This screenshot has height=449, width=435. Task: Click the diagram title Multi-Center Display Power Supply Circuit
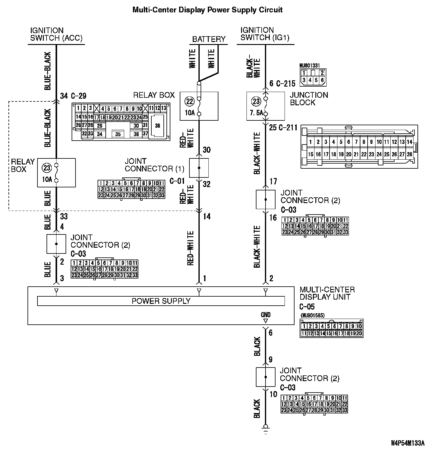pyautogui.click(x=208, y=10)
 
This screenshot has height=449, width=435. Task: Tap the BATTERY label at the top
pyautogui.click(x=209, y=39)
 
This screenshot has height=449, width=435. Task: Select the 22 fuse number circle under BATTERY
pyautogui.click(x=190, y=101)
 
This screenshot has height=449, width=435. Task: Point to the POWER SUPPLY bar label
pyautogui.click(x=161, y=301)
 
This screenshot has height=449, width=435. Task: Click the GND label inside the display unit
pyautogui.click(x=266, y=315)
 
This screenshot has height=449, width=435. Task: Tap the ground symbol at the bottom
pyautogui.click(x=266, y=427)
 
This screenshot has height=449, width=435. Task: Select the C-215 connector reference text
pyautogui.click(x=285, y=84)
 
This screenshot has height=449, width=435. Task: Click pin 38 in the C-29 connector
pyautogui.click(x=157, y=126)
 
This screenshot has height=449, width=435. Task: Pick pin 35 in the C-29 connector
pyautogui.click(x=118, y=134)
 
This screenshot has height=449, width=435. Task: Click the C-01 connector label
pyautogui.click(x=177, y=181)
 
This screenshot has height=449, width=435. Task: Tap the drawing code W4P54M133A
pyautogui.click(x=408, y=443)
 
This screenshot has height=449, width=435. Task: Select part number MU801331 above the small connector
pyautogui.click(x=309, y=65)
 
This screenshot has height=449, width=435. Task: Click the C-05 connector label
pyautogui.click(x=307, y=307)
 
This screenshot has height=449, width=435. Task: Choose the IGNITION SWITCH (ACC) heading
pyautogui.click(x=56, y=34)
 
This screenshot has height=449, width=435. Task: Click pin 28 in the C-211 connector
pyautogui.click(x=409, y=154)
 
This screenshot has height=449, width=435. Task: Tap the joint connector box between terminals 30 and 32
pyautogui.click(x=199, y=168)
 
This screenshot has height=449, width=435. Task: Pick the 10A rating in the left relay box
pyautogui.click(x=47, y=180)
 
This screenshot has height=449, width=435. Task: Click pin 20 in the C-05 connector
pyautogui.click(x=359, y=333)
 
